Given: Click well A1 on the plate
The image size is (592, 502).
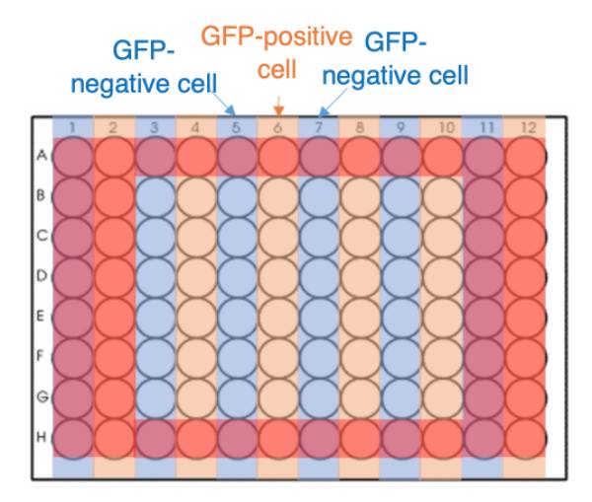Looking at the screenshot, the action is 73,157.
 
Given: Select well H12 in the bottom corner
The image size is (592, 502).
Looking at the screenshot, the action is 525,439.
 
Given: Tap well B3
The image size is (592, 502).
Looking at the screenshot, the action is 155,197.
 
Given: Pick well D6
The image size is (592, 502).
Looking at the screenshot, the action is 278,278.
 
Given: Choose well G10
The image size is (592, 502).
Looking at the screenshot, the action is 443,398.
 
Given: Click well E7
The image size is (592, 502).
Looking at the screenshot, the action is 320,319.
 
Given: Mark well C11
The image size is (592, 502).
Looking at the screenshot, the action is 484,238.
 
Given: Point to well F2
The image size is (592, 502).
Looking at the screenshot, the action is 114,359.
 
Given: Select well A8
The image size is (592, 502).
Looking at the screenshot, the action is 361,157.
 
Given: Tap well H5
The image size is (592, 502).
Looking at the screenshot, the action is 238,439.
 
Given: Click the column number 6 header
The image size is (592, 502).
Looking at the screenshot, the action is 278,128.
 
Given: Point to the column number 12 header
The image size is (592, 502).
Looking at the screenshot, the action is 528,128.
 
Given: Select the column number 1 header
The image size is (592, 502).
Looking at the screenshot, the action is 72,128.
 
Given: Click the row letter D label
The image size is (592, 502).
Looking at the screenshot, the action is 41,276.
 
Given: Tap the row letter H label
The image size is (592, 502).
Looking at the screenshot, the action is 41,437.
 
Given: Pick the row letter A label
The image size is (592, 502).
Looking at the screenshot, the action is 41,155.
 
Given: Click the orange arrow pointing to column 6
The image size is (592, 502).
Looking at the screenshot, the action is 278,106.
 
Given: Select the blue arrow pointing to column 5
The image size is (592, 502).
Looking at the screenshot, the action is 223,103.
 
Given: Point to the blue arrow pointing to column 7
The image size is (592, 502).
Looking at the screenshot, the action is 333,103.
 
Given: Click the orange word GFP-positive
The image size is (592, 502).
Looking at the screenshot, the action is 276,37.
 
